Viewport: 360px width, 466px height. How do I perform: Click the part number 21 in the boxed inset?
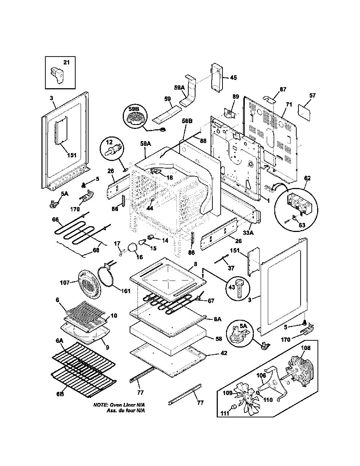point(67,62)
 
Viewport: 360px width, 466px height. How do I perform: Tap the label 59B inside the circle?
point(134,109)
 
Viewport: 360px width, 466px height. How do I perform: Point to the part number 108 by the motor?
point(306,348)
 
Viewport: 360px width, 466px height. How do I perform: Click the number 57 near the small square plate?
point(312,95)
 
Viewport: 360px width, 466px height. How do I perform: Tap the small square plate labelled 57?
point(304,113)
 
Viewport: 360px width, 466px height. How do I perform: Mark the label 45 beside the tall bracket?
point(233,77)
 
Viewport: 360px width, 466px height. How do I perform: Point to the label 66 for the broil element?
point(55,220)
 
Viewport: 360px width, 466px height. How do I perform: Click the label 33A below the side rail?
point(248,232)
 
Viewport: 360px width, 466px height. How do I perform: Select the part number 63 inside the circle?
point(302,225)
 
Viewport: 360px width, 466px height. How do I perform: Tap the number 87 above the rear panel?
point(283,89)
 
